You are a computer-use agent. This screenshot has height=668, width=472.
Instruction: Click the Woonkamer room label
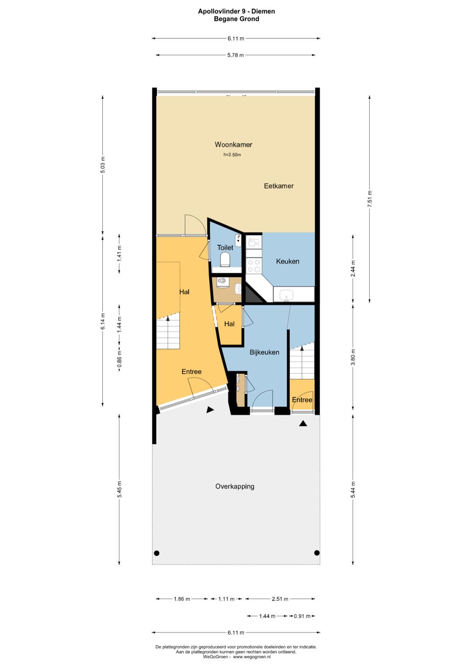click(233, 145)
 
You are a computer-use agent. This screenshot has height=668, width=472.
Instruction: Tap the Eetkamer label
click(279, 186)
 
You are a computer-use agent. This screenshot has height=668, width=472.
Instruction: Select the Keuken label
click(288, 261)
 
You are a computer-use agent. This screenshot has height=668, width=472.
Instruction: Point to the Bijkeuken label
click(264, 352)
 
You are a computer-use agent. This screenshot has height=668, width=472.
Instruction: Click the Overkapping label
click(235, 486)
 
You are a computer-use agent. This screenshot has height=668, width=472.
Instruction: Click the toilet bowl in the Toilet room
click(225, 259)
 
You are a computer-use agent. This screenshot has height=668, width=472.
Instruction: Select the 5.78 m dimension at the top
click(236, 55)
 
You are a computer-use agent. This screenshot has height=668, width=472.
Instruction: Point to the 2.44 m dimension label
click(353, 269)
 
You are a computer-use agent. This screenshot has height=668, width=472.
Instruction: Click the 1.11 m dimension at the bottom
click(226, 599)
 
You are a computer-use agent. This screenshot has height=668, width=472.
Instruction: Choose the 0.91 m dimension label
click(302, 616)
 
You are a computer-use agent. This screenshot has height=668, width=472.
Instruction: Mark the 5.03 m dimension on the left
click(103, 164)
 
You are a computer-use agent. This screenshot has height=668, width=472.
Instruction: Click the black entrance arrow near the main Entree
click(210, 410)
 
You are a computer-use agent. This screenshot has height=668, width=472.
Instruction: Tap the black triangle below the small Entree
click(303, 423)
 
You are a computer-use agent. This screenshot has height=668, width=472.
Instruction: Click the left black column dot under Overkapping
click(157, 553)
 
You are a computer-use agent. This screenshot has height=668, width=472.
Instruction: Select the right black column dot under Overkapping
click(317, 553)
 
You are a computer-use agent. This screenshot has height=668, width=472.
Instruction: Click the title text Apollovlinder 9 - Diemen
click(236, 11)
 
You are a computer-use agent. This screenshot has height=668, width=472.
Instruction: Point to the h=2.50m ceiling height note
click(232, 155)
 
